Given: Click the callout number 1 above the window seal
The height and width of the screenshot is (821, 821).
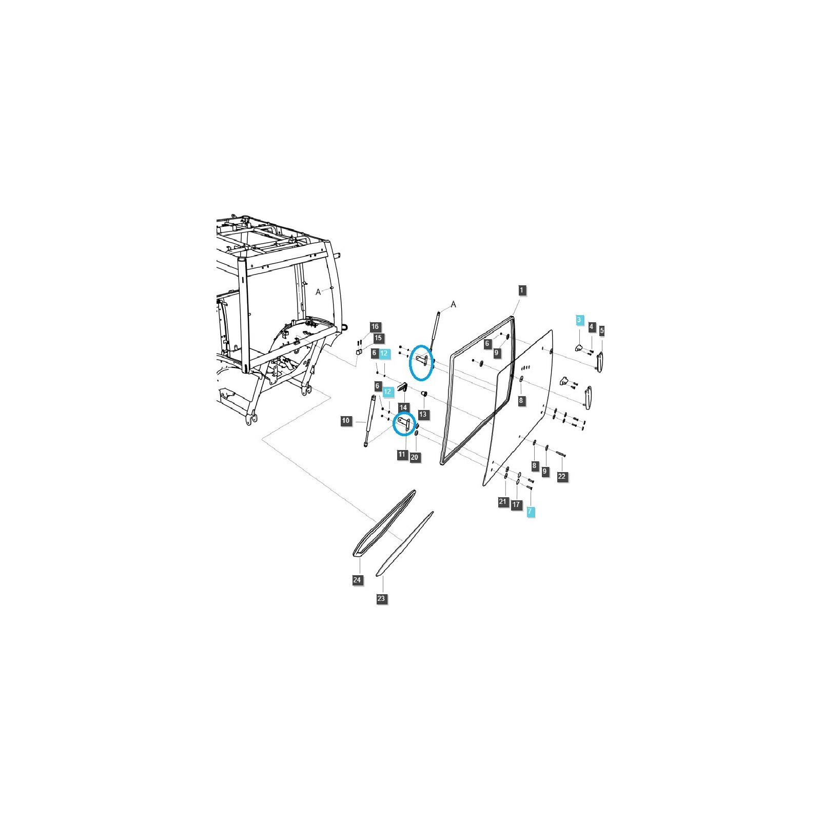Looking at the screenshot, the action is [x=521, y=290].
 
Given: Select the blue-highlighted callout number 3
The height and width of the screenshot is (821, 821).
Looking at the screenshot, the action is [x=579, y=320].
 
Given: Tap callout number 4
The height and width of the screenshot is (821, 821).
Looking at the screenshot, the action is [x=592, y=327].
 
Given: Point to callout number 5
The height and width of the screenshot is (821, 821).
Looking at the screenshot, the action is [x=602, y=330].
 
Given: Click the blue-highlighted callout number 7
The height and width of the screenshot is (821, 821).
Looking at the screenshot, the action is [x=530, y=511].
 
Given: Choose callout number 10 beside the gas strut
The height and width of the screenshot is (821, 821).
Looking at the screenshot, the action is [x=346, y=421].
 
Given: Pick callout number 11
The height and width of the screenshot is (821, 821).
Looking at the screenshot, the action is [x=402, y=454].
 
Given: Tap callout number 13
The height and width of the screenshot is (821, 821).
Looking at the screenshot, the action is [x=423, y=414].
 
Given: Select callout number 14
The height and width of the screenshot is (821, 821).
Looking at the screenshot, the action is [x=403, y=408].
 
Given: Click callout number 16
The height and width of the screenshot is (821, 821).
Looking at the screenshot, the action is [x=375, y=327].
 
